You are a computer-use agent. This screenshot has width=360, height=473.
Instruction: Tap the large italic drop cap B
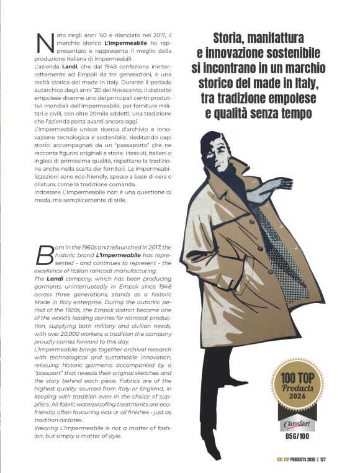click(44, 255)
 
